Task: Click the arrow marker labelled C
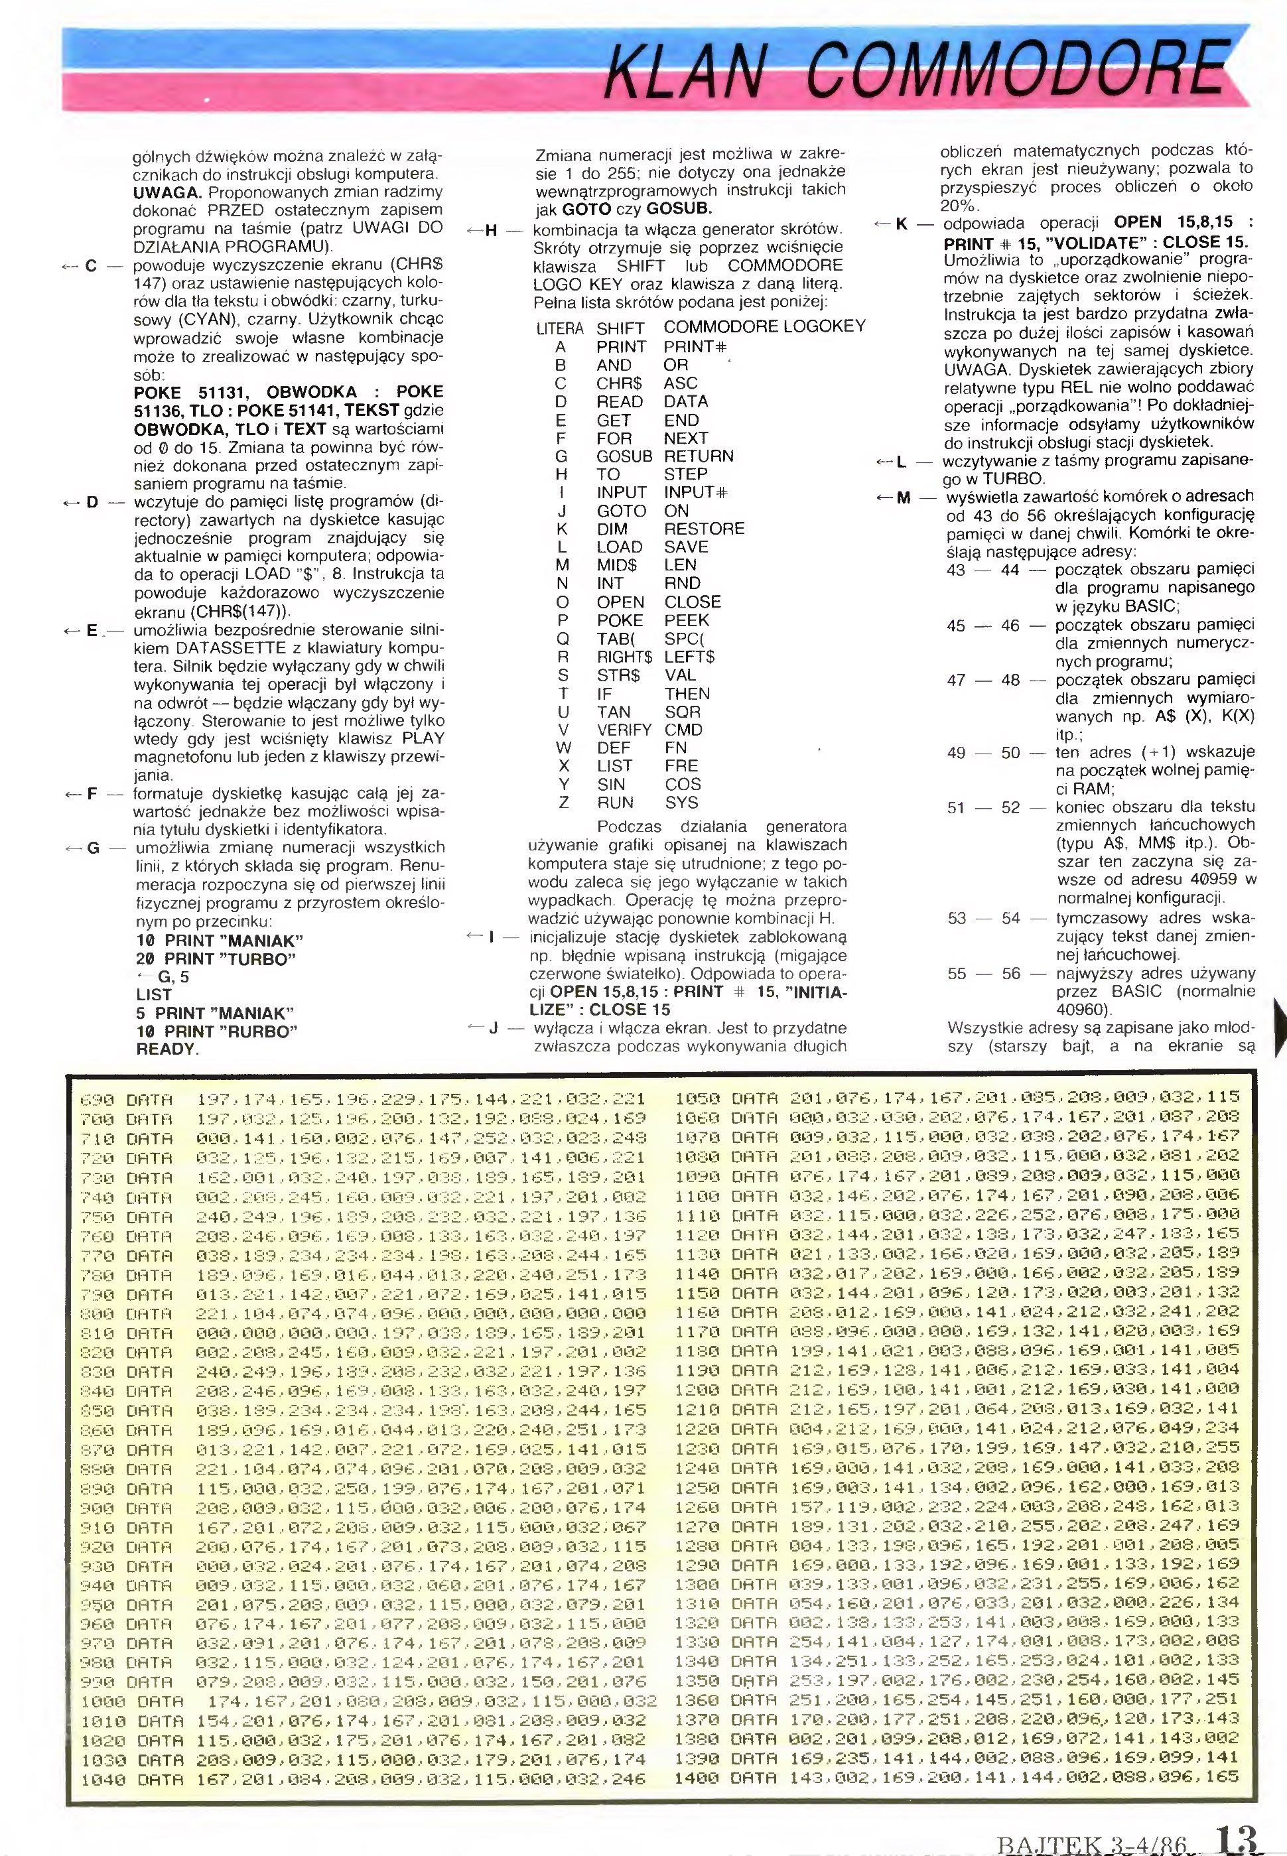85,266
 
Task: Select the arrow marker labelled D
85,502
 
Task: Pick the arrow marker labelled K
895,224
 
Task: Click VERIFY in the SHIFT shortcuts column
624,730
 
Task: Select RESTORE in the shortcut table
703,529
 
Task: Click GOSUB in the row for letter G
624,456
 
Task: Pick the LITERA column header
560,329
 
